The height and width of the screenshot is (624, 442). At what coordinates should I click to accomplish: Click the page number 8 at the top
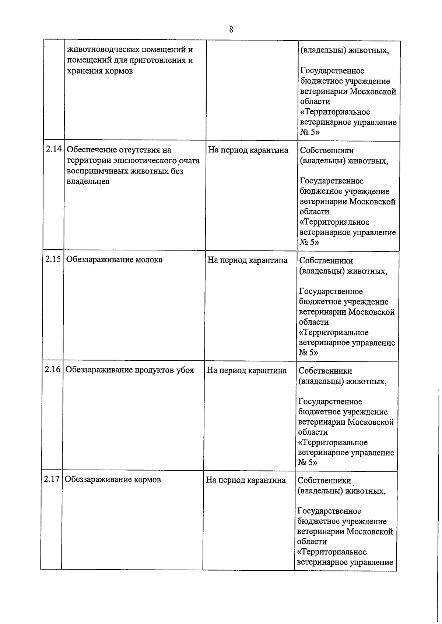click(x=231, y=30)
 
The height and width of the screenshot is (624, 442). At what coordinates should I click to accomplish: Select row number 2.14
click(x=53, y=150)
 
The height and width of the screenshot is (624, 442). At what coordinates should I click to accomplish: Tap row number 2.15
click(x=53, y=259)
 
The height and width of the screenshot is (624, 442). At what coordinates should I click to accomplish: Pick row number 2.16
click(x=52, y=370)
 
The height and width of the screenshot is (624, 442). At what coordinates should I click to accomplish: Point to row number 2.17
click(x=52, y=479)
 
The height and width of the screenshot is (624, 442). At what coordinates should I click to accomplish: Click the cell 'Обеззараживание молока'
click(x=114, y=260)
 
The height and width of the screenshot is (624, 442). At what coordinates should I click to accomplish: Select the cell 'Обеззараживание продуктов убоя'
click(x=130, y=370)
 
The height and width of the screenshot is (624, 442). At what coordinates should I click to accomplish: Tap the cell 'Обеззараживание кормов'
click(x=113, y=480)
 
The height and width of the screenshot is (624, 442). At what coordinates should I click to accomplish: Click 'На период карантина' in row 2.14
click(x=248, y=150)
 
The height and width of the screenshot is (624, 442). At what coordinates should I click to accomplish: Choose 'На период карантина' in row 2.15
click(x=248, y=260)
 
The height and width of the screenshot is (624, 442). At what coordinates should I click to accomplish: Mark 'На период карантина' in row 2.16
click(x=247, y=370)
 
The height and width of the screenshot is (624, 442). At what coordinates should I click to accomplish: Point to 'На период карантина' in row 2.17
click(x=246, y=480)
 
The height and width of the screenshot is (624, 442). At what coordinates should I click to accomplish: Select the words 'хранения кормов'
click(x=100, y=71)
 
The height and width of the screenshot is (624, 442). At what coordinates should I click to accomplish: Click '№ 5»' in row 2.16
click(x=308, y=463)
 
